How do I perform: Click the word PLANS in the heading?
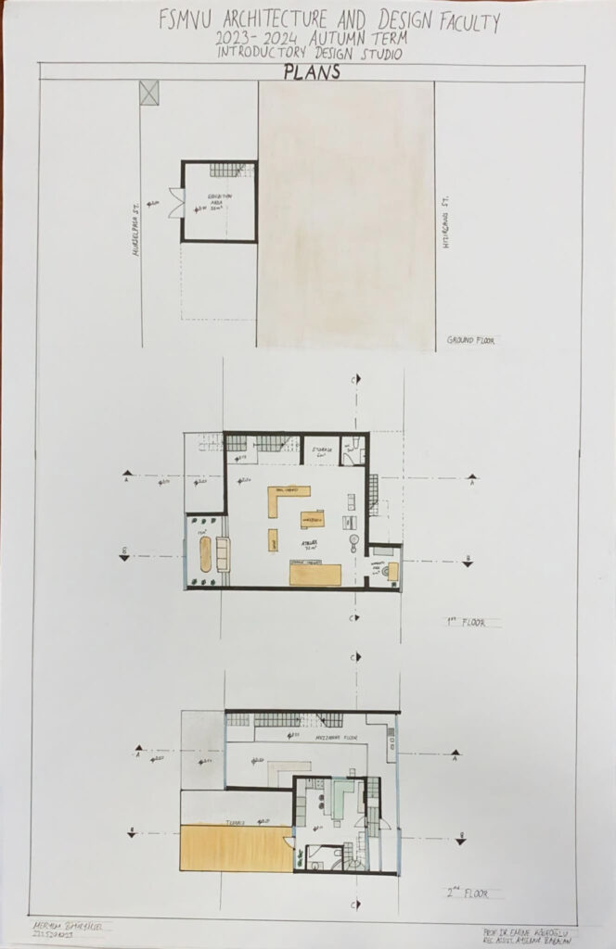[312, 71]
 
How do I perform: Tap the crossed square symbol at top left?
[149, 91]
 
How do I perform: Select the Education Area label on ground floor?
[220, 202]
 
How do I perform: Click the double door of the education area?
[173, 202]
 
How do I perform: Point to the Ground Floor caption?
[469, 340]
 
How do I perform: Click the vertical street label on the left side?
[135, 223]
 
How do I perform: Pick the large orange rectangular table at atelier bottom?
[314, 576]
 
